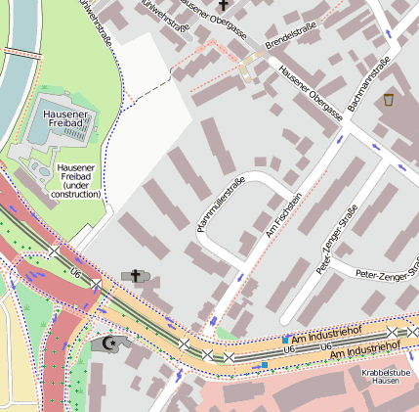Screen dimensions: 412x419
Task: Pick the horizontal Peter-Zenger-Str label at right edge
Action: [x=387, y=274]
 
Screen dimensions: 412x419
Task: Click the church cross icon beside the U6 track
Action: [x=135, y=276]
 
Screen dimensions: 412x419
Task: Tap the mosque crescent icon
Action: [x=110, y=343]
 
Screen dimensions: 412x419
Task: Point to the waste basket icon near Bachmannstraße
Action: [x=390, y=99]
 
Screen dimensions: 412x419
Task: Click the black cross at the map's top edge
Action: [x=223, y=6]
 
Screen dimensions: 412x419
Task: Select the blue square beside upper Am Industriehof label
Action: [x=284, y=340]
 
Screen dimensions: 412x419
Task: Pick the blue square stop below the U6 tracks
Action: [x=264, y=365]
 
